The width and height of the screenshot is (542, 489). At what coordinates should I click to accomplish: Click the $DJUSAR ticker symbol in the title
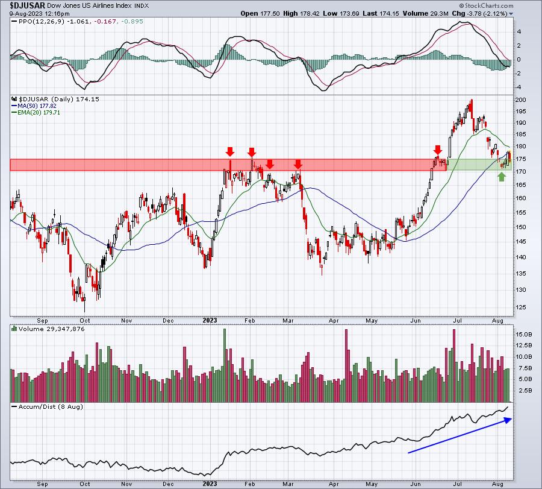point(27,5)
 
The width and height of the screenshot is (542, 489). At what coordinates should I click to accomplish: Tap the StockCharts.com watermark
point(486,5)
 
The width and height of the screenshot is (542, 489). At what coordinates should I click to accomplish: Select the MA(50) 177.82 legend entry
point(34,106)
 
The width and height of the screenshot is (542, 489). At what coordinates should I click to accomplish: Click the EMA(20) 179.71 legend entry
point(36,113)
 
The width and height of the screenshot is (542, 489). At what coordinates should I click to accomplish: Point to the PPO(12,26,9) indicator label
point(42,22)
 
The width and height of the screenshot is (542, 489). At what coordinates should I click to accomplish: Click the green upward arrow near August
point(502,177)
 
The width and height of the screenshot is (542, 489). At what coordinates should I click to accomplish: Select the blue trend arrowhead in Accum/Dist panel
point(508,420)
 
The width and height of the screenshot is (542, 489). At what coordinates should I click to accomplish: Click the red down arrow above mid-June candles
point(438,150)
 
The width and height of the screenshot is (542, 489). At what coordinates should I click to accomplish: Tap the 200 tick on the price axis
point(520,99)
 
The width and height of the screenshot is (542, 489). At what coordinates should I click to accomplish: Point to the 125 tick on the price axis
point(520,307)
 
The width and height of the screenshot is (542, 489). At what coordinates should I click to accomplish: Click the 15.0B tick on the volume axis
point(524,334)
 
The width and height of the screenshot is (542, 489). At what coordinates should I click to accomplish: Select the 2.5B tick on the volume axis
point(524,390)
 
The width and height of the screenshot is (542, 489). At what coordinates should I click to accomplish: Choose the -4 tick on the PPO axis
point(519,87)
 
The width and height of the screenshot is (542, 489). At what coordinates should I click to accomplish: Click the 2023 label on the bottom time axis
point(210,484)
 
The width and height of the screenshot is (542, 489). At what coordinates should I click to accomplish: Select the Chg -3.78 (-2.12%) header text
point(479,13)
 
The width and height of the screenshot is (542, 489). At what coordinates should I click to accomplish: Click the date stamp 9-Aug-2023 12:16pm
point(39,13)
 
